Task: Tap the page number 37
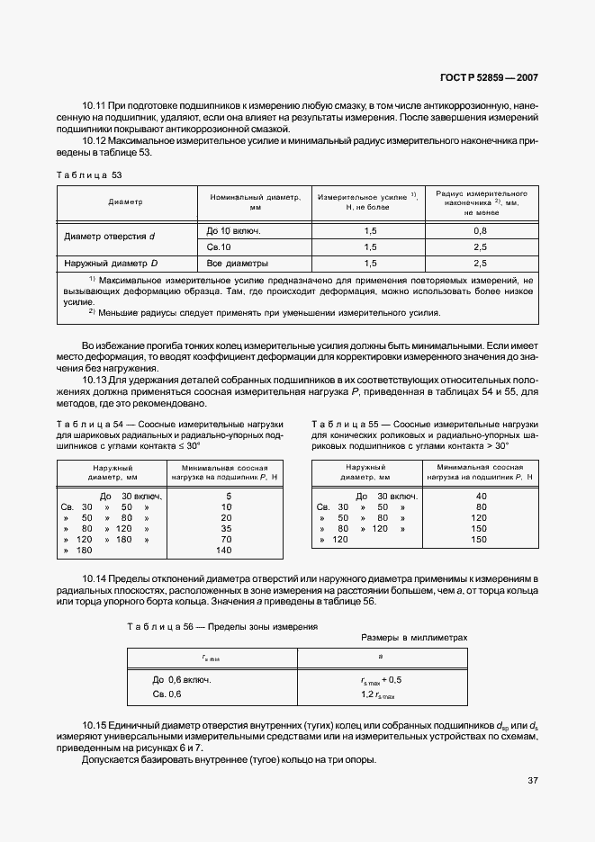click(x=532, y=780)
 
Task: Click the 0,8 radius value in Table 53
click(x=480, y=230)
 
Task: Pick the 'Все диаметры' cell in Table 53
click(x=239, y=264)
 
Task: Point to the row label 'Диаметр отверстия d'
click(x=110, y=237)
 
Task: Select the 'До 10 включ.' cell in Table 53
click(x=233, y=230)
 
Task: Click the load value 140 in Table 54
click(x=224, y=550)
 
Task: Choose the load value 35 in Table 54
click(x=226, y=528)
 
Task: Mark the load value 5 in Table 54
click(x=229, y=496)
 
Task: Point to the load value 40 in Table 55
click(x=480, y=496)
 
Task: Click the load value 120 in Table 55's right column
click(x=478, y=517)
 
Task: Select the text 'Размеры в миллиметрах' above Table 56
click(x=415, y=636)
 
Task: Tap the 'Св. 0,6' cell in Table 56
click(x=167, y=694)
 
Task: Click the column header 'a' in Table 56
click(x=378, y=658)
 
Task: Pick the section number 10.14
click(x=95, y=577)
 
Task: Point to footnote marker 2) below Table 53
click(x=92, y=311)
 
